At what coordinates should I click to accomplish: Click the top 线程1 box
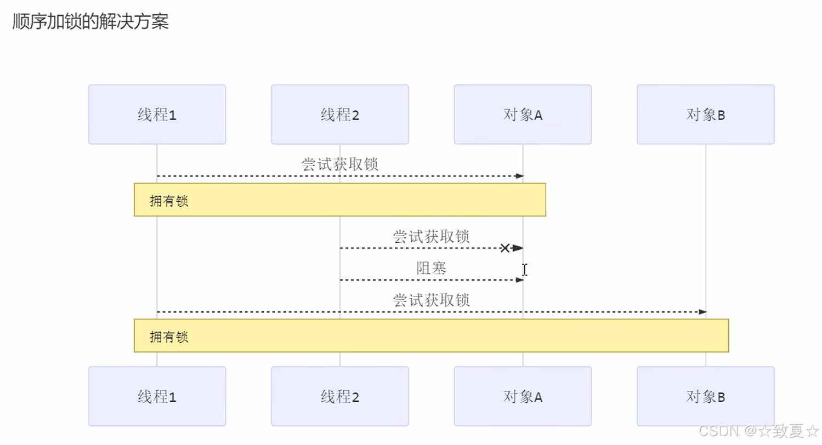157,115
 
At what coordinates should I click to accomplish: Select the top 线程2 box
339,115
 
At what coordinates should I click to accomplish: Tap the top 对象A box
523,115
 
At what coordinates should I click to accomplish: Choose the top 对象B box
705,115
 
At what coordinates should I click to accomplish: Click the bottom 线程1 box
157,396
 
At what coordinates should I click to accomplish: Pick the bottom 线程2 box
339,396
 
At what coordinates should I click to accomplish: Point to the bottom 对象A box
523,396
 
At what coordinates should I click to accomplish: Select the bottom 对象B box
705,396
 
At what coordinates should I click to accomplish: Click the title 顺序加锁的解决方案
90,22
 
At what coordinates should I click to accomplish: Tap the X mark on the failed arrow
505,248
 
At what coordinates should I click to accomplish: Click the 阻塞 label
431,269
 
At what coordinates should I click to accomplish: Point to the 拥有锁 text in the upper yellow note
169,201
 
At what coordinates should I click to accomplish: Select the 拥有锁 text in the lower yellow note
169,336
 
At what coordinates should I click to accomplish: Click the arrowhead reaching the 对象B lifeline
702,312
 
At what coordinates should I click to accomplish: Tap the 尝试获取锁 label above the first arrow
340,164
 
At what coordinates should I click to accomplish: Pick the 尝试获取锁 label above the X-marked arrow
431,237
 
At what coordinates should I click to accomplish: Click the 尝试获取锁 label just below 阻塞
431,300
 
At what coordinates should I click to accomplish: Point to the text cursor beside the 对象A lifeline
525,269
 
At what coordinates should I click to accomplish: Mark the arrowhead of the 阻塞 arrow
520,280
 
